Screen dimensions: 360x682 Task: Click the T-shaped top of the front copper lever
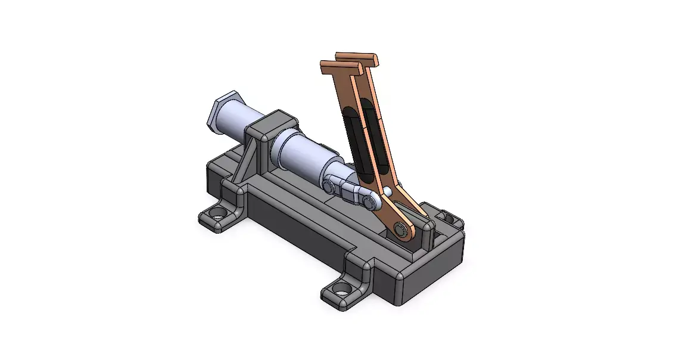pyautogui.click(x=341, y=67)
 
